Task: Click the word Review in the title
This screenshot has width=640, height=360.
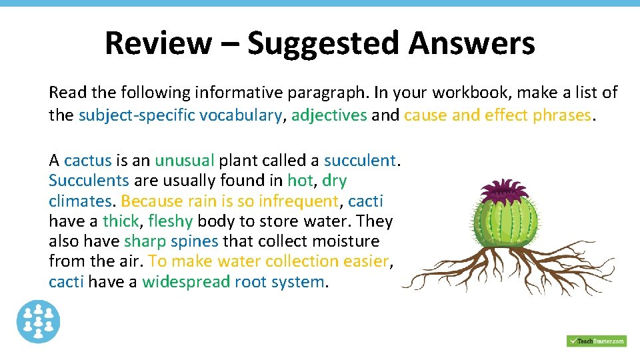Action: tap(157, 43)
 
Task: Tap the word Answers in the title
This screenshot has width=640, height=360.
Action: tap(471, 43)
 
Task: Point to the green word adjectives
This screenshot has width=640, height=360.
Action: tap(329, 115)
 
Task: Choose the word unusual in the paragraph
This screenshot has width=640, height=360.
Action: tap(185, 161)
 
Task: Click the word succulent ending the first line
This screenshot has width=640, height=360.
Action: tap(359, 161)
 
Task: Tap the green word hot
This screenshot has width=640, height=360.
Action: tap(299, 181)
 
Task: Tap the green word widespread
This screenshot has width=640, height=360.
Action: tap(186, 282)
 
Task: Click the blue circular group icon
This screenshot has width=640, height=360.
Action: tap(38, 321)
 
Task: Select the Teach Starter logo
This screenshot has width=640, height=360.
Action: tap(597, 341)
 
